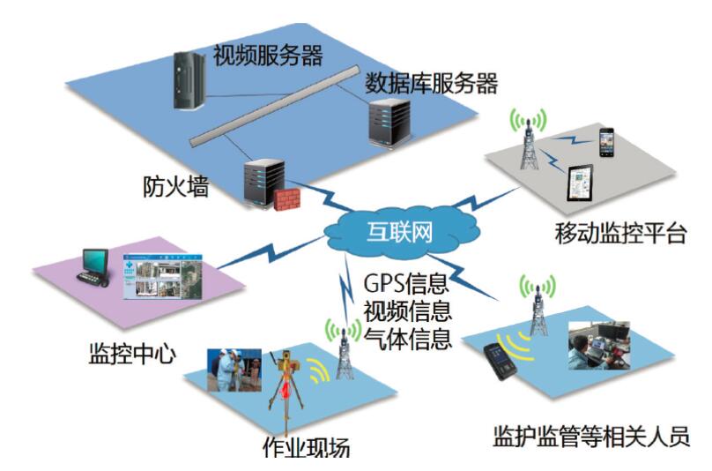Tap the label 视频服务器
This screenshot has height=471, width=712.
point(268,56)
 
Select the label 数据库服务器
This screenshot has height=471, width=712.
point(432,85)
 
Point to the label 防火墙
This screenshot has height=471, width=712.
point(175,187)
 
